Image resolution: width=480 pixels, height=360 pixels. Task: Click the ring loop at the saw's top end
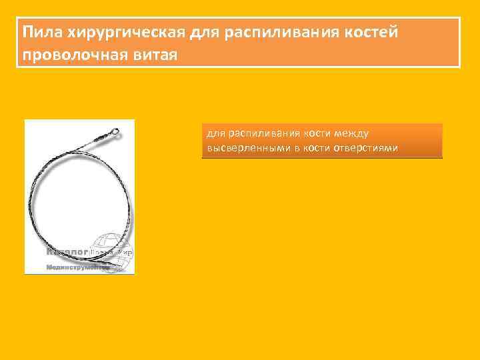click(x=116, y=130)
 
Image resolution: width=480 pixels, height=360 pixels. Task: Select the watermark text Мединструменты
click(x=77, y=267)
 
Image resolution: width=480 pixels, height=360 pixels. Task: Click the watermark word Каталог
click(x=67, y=253)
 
